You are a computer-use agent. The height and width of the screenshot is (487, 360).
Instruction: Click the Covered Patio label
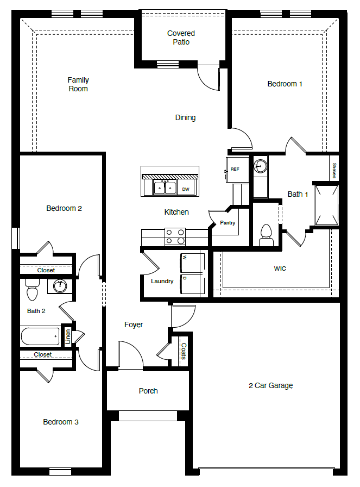(x=181, y=38)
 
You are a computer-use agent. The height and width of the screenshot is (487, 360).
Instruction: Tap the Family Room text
(x=78, y=84)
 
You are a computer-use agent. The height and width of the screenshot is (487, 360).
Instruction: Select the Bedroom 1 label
(x=285, y=84)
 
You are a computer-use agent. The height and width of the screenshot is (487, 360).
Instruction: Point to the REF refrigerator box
(x=235, y=169)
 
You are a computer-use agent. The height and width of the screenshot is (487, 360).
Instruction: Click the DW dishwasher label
(x=186, y=189)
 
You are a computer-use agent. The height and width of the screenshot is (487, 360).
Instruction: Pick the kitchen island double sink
(x=165, y=188)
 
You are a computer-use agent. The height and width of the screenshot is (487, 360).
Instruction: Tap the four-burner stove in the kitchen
(x=175, y=236)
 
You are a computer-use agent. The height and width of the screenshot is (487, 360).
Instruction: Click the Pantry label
(x=228, y=223)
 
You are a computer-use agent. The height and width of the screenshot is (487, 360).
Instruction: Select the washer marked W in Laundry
(x=192, y=263)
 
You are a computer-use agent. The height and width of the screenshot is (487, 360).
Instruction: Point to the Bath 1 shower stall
(x=326, y=205)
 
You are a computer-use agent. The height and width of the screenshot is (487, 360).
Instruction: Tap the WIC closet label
(x=280, y=269)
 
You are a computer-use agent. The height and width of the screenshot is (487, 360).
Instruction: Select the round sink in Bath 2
(x=60, y=286)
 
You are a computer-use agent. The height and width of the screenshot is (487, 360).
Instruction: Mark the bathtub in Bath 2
(x=40, y=336)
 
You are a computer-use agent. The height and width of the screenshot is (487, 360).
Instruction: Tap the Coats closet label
(x=184, y=351)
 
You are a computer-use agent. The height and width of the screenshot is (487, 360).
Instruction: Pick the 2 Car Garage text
(x=270, y=385)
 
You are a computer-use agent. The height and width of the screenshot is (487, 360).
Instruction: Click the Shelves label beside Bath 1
(x=334, y=170)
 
